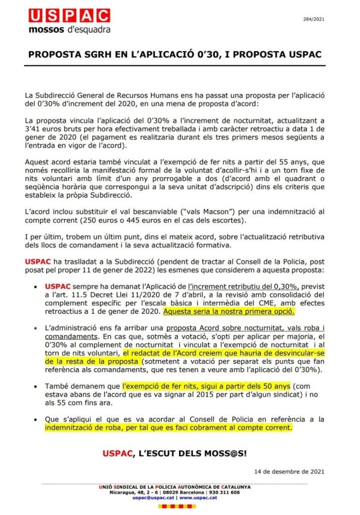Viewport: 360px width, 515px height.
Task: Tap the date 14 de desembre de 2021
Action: click(x=296, y=471)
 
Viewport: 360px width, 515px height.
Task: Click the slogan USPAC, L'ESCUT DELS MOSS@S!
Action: click(x=174, y=454)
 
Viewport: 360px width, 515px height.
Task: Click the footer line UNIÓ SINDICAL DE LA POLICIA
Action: click(x=174, y=487)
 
